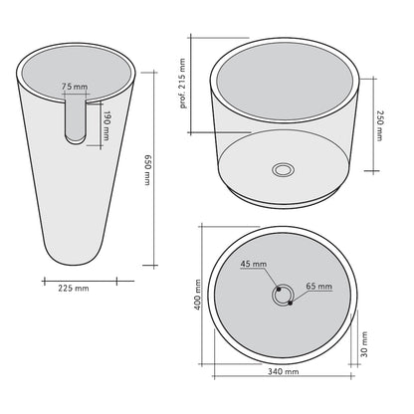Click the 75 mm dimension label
point(75,87)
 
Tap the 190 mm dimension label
point(106,125)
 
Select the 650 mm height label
point(148,170)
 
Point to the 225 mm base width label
point(74,289)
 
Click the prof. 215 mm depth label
point(183,84)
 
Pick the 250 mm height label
point(379,125)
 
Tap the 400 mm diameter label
point(197,295)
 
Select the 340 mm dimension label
point(284,371)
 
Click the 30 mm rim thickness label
point(364,344)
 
